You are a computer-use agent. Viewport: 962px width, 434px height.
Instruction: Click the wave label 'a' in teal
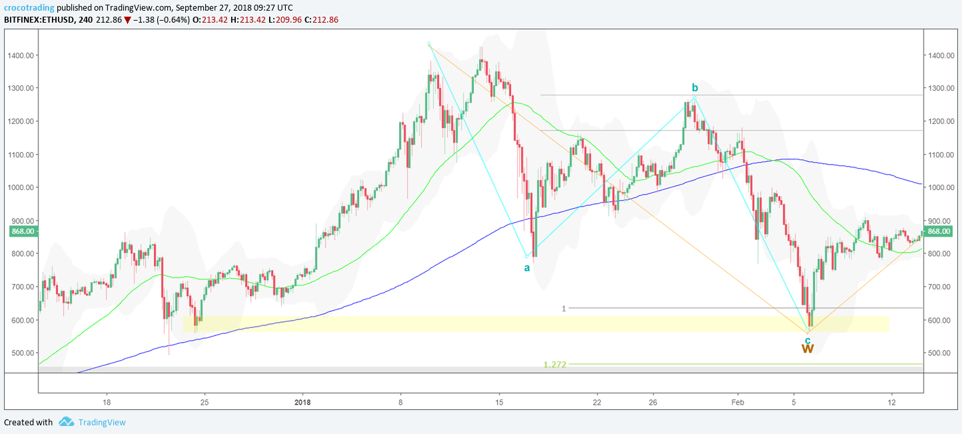point(527,267)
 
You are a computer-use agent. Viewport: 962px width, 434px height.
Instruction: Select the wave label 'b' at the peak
point(694,87)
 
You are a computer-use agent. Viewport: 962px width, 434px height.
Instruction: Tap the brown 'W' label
point(807,348)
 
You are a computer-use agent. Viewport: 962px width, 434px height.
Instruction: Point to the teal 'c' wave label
point(807,339)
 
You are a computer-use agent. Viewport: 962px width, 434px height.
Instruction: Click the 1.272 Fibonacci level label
point(554,365)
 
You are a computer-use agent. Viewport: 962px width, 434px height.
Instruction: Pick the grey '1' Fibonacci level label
point(564,309)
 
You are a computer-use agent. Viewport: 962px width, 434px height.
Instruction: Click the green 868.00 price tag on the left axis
point(19,231)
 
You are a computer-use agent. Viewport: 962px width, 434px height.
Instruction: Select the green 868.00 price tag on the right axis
point(938,231)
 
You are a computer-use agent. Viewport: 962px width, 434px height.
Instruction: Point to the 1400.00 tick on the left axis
point(20,55)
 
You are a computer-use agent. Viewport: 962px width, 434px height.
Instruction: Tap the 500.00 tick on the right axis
point(940,353)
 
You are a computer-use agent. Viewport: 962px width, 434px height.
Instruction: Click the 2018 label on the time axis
point(302,402)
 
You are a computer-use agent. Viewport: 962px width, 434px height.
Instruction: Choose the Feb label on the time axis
point(737,402)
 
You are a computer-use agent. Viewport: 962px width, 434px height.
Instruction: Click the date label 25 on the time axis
point(205,402)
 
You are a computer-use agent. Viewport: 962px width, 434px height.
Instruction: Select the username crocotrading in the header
point(29,7)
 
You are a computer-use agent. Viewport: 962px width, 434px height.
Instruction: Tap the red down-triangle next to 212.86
point(127,20)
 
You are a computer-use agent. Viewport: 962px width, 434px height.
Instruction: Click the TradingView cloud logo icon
point(66,421)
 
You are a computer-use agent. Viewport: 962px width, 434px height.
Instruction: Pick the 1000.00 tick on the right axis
point(940,188)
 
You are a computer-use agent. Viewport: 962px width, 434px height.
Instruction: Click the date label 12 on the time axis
point(891,402)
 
